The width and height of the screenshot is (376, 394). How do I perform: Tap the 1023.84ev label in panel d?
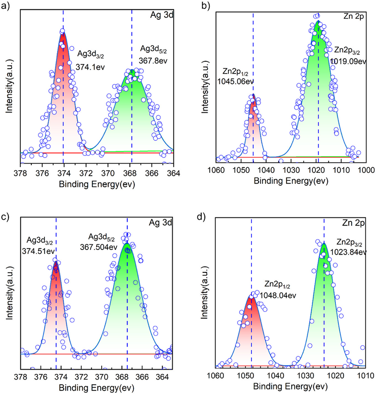[351, 251]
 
